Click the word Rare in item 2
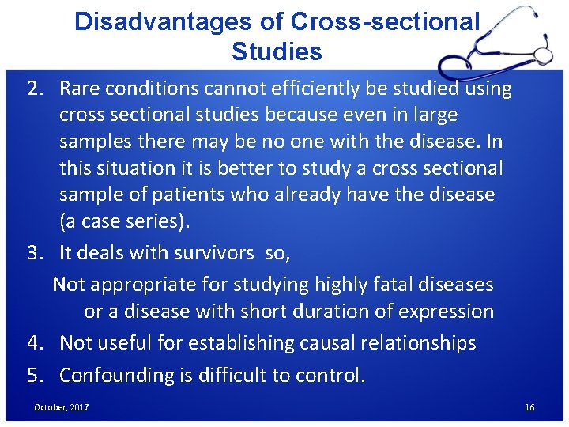(80, 89)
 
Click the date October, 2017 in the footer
(61, 407)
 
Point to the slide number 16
(529, 407)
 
